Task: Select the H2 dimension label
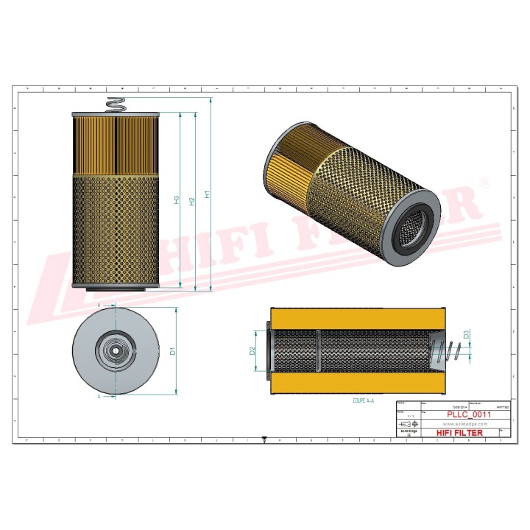click(x=192, y=201)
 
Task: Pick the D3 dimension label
click(x=467, y=336)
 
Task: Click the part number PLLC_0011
click(x=469, y=415)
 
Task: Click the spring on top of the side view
click(x=116, y=105)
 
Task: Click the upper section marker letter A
click(x=99, y=303)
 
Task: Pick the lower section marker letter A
click(x=99, y=396)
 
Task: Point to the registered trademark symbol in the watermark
click(x=484, y=182)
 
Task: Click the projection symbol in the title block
click(x=409, y=425)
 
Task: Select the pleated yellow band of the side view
click(x=116, y=144)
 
